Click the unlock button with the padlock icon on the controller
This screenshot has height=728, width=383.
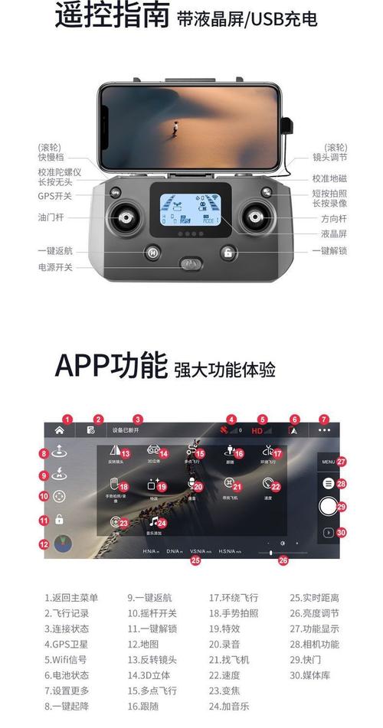[228, 253]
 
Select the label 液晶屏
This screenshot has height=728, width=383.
[333, 234]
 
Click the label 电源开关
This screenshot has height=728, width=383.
[56, 267]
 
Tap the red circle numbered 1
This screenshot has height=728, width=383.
[67, 419]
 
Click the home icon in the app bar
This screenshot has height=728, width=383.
[59, 430]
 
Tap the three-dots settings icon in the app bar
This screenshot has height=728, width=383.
[325, 430]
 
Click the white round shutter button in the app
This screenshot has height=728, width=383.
[328, 505]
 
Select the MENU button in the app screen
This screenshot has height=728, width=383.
[329, 462]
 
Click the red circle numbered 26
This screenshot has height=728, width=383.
[283, 560]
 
